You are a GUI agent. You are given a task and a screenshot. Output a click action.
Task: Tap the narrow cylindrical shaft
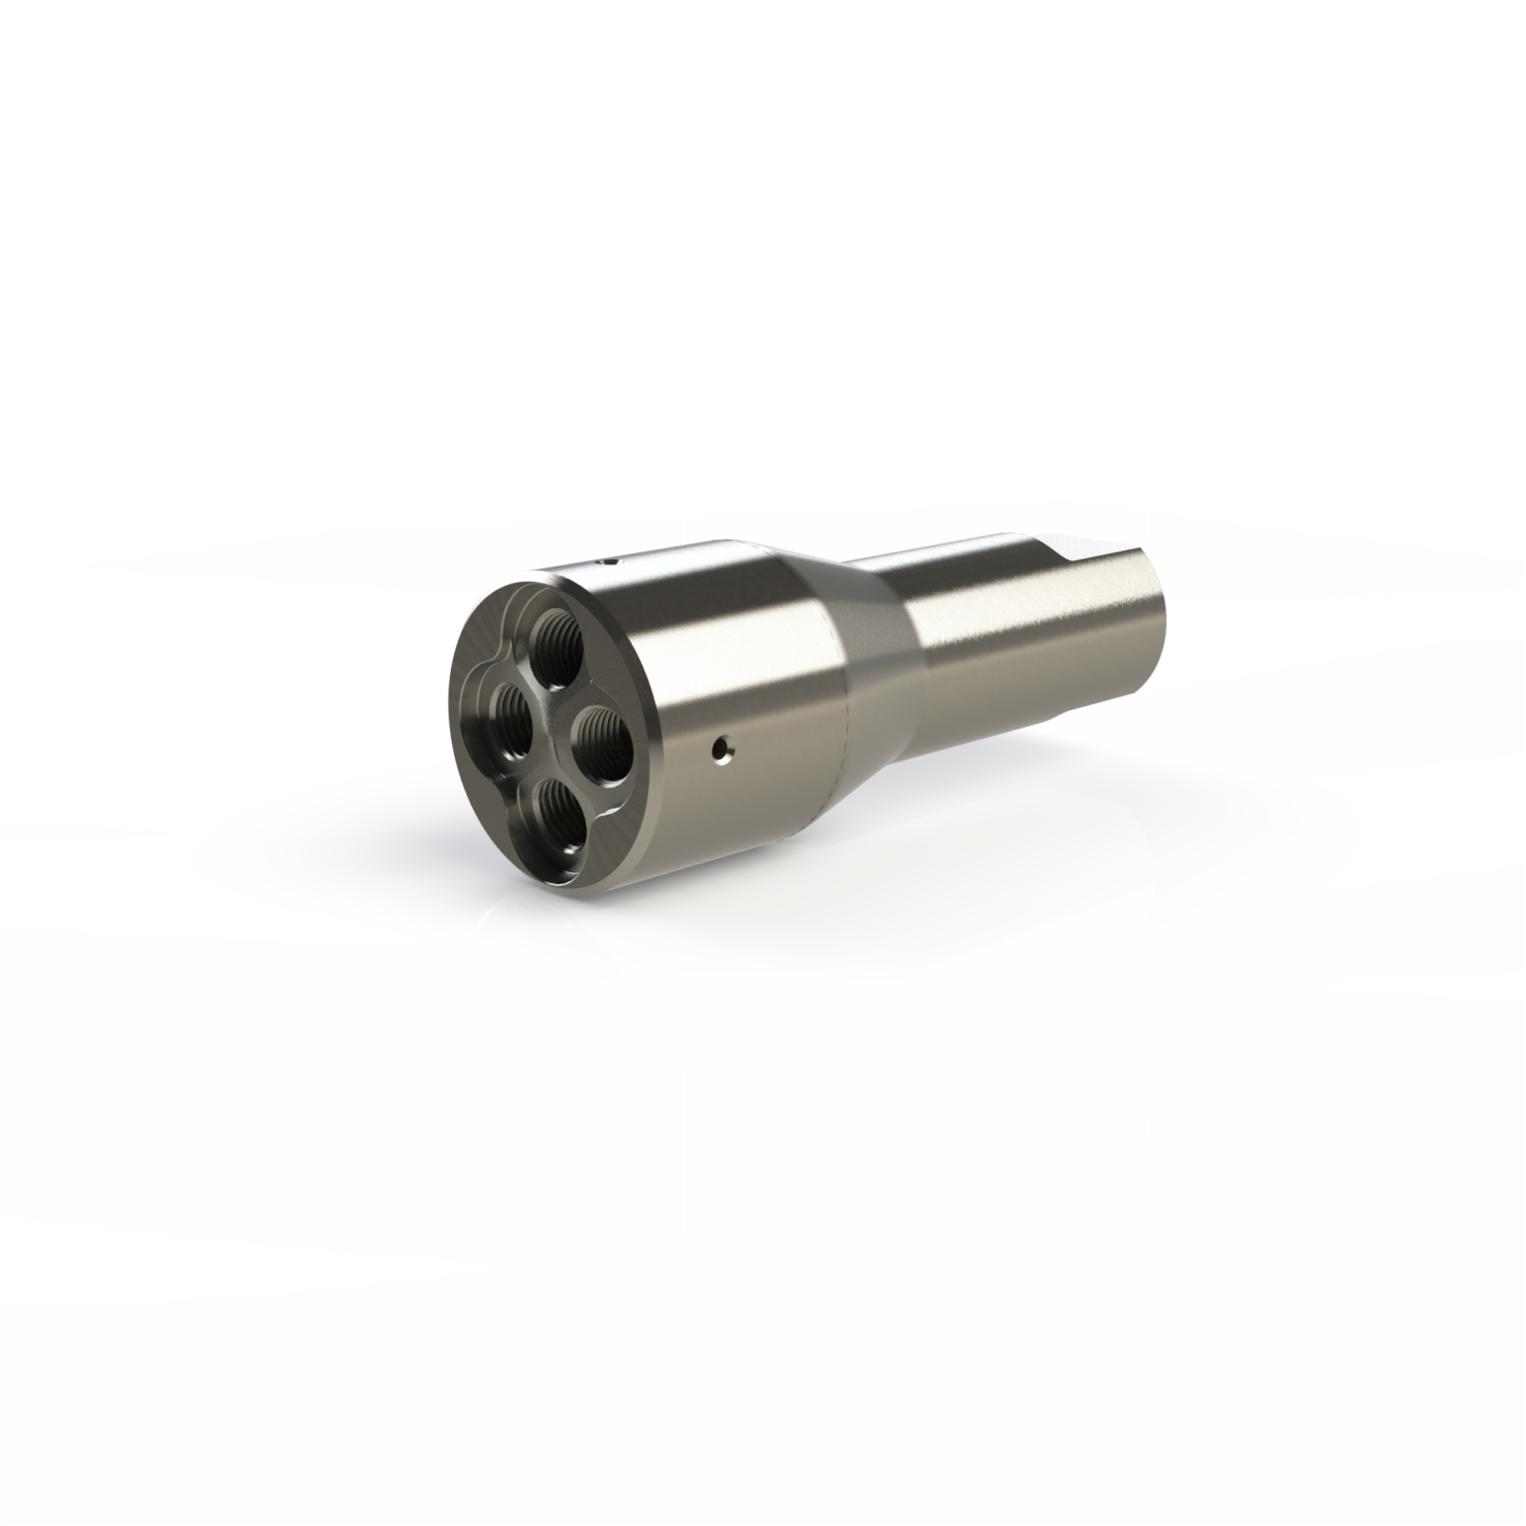click(x=1023, y=636)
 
